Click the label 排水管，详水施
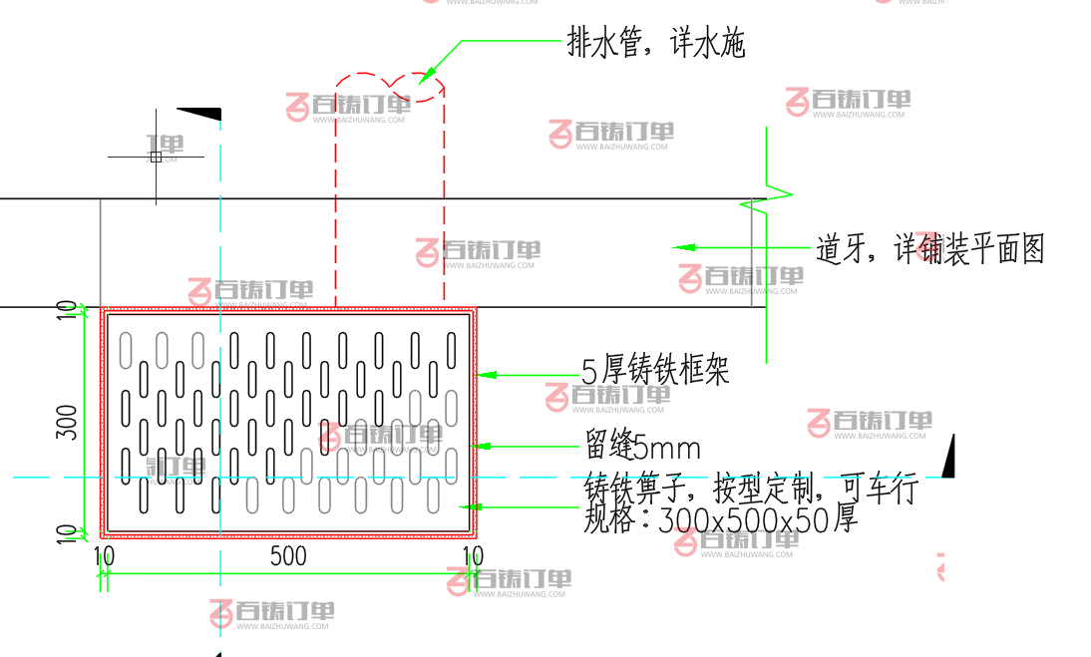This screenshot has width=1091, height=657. click(655, 43)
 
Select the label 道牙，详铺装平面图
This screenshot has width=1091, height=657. click(929, 248)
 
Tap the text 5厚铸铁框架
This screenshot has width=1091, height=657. click(655, 371)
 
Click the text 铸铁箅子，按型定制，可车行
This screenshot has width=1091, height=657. click(750, 491)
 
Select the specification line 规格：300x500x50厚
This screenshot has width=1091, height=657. click(720, 519)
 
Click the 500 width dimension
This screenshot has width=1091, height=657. click(288, 556)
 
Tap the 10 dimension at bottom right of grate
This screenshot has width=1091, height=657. click(472, 556)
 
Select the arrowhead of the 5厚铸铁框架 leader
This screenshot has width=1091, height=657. click(488, 375)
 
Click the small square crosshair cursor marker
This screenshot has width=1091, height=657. click(156, 157)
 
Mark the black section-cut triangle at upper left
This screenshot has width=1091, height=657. click(202, 113)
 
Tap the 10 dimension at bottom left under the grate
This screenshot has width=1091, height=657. click(104, 556)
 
